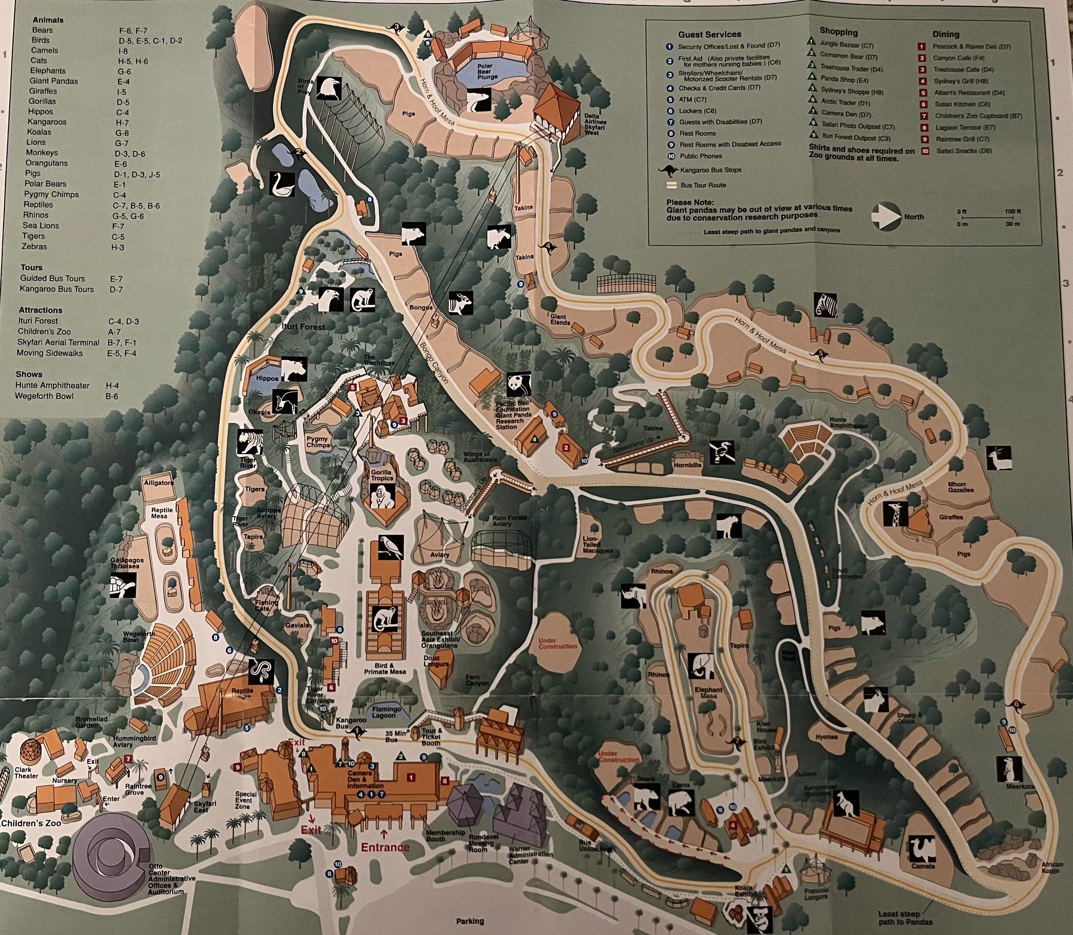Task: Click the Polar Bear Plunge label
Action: [487, 71]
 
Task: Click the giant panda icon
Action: [518, 384]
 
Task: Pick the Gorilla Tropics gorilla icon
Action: [382, 495]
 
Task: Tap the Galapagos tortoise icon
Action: [123, 585]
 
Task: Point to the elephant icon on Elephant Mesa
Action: [699, 666]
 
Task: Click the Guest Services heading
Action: [709, 35]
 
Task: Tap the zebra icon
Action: [826, 305]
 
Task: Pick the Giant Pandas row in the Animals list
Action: [54, 81]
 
